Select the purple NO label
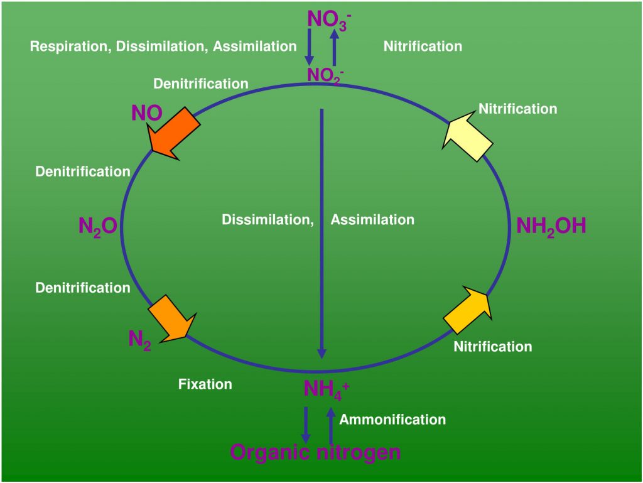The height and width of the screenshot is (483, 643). tap(146, 113)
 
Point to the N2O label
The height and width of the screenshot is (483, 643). tap(97, 227)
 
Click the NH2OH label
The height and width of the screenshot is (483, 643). tap(551, 226)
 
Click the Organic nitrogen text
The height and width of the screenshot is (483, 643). tap(315, 452)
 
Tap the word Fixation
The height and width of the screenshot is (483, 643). tap(205, 384)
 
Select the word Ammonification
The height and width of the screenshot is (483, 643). tap(392, 420)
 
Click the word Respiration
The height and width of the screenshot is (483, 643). tap(70, 46)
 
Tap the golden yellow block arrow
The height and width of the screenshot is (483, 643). tap(468, 310)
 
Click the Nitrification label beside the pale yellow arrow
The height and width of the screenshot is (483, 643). tap(517, 109)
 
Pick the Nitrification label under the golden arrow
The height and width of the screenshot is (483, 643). tap(492, 347)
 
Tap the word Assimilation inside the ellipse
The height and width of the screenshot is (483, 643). tap(372, 220)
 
